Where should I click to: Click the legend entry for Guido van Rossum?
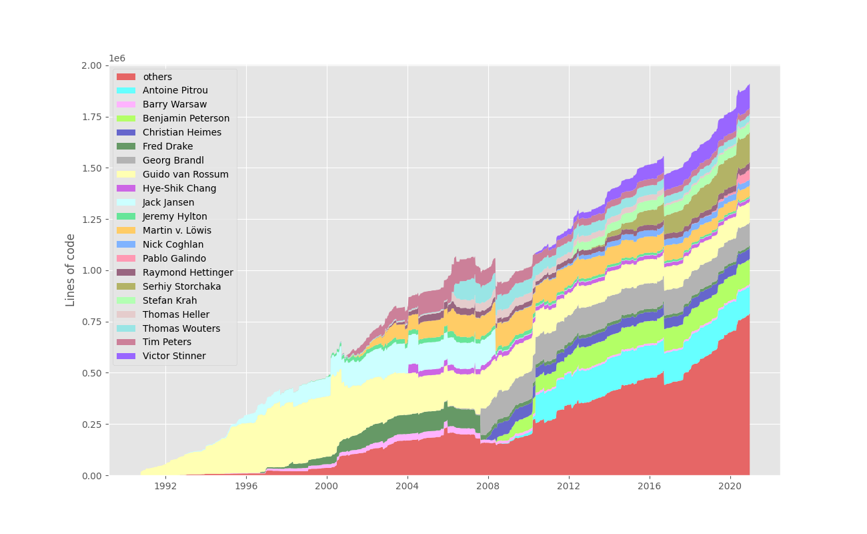(x=185, y=174)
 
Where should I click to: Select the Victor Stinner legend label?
(x=174, y=356)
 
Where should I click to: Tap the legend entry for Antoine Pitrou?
(x=175, y=90)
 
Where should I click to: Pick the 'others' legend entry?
(x=157, y=77)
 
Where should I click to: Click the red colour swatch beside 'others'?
(x=126, y=77)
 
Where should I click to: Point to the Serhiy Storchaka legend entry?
(x=181, y=286)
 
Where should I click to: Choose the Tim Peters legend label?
(x=167, y=342)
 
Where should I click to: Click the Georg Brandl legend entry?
(x=173, y=160)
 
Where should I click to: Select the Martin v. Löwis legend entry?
(x=176, y=230)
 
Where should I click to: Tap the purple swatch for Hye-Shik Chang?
(x=126, y=188)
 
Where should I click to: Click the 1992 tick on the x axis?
(x=165, y=486)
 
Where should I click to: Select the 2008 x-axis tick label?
(x=488, y=486)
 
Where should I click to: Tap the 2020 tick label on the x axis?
(x=730, y=486)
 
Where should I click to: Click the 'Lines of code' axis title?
(x=70, y=270)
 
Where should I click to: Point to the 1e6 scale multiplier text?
(x=117, y=59)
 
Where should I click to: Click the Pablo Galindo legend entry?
(x=174, y=258)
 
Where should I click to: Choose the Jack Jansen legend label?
(x=168, y=202)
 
